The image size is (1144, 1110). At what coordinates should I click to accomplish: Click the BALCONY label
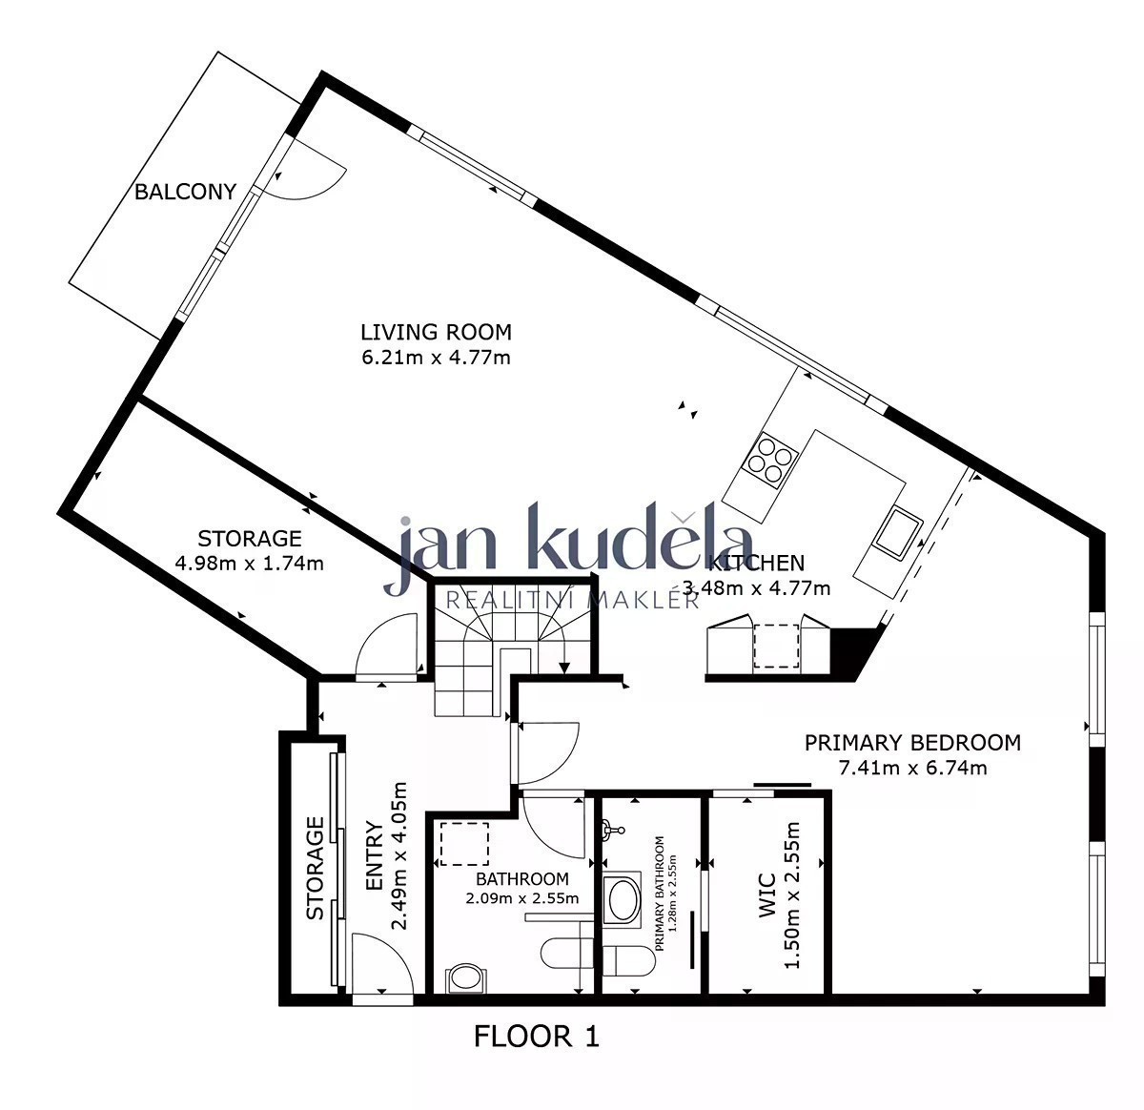185,192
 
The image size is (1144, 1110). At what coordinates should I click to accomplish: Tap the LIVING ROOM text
436,332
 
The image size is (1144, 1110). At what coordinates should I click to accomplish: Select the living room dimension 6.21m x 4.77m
436,358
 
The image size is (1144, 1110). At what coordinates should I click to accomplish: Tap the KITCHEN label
756,563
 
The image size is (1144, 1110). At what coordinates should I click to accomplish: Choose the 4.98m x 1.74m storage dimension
249,564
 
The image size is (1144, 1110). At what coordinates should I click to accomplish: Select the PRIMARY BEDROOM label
912,743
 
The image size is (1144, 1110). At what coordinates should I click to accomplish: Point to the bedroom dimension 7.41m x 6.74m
912,768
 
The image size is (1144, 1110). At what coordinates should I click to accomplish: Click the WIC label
767,896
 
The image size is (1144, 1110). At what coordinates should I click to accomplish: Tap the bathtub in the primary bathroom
622,899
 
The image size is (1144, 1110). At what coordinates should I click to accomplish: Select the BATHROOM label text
522,879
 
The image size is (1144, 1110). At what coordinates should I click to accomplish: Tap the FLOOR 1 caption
536,1036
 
